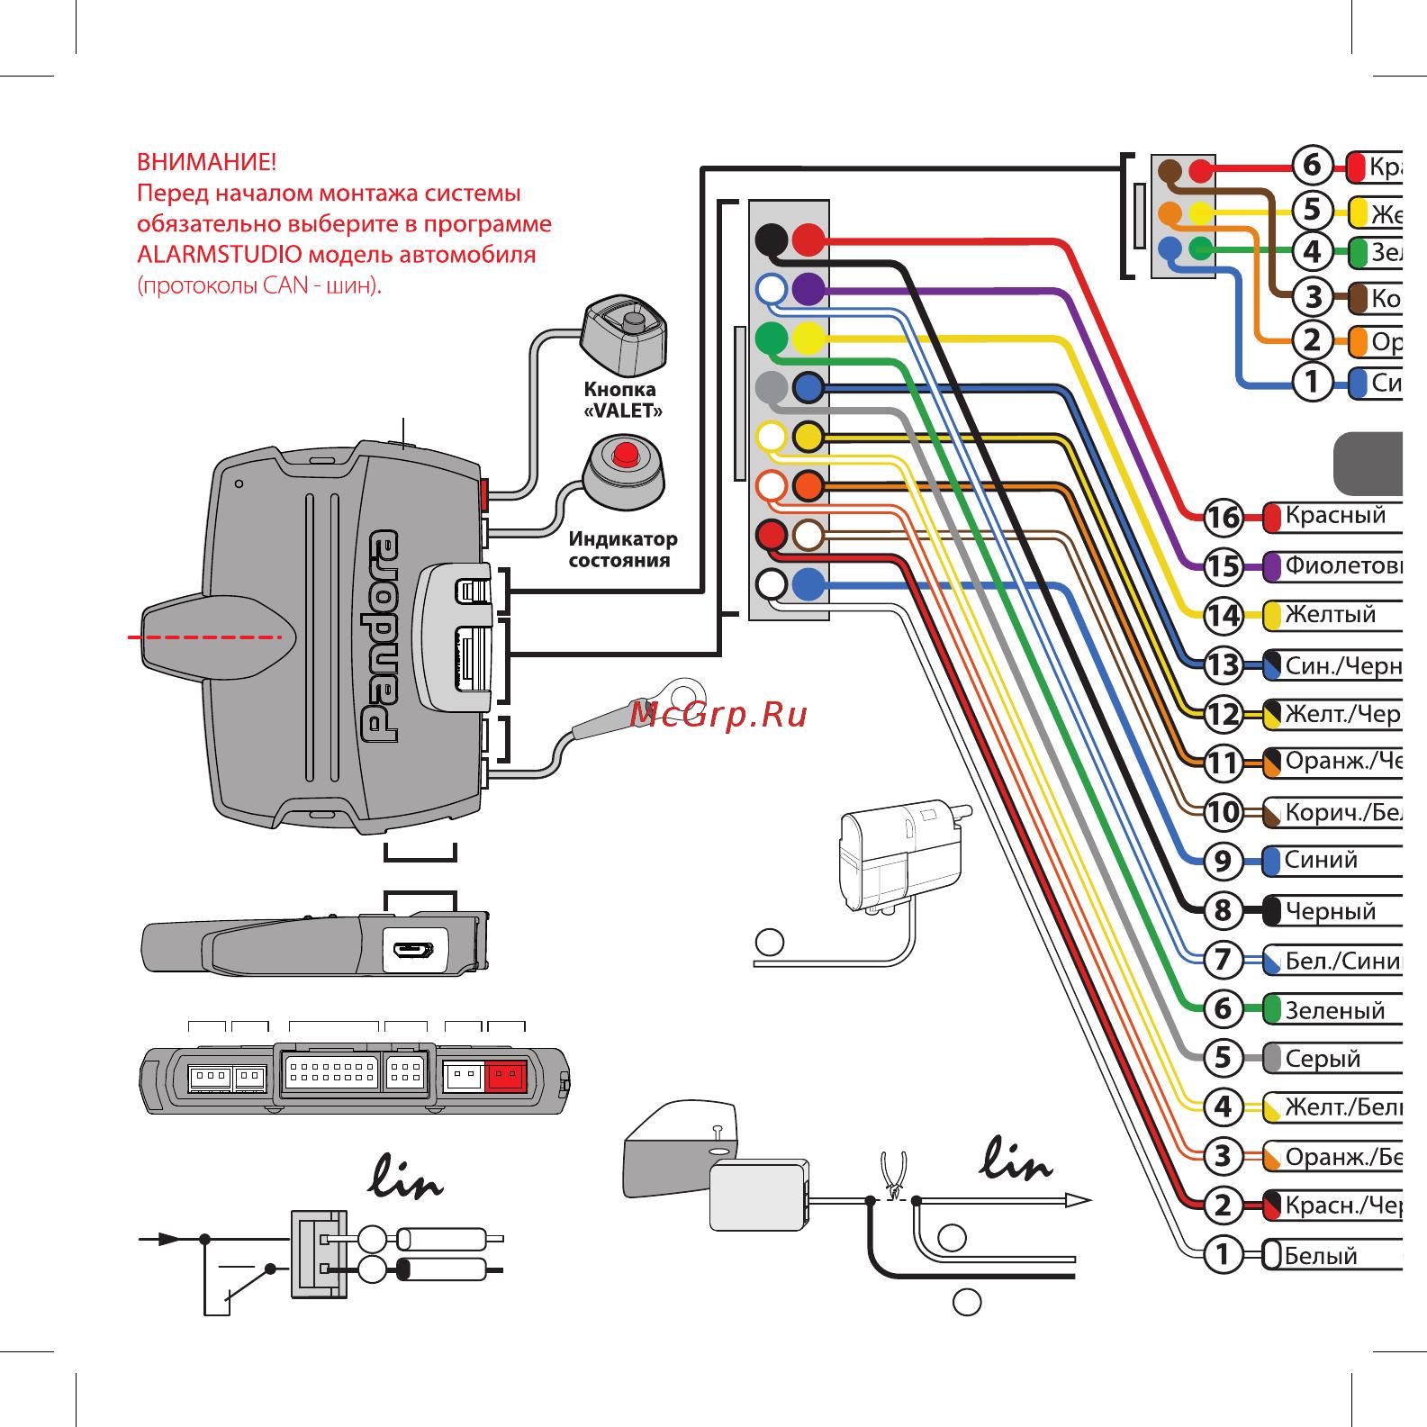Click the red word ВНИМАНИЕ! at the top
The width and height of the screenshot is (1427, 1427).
(x=206, y=163)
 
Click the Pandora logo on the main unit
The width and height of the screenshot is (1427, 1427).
(x=380, y=636)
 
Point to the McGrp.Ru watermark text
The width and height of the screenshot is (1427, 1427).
(x=718, y=715)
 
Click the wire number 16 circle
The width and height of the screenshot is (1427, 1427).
(x=1223, y=518)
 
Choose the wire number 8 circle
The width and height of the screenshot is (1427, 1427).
(x=1223, y=910)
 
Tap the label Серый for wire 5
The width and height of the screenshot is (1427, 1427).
(x=1322, y=1058)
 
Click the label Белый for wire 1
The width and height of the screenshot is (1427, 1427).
(x=1320, y=1255)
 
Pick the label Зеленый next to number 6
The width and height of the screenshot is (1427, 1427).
(x=1334, y=1010)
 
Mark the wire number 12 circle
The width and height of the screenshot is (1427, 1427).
(x=1223, y=715)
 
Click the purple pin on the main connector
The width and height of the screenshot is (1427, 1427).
(x=808, y=289)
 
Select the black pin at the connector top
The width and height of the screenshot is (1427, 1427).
(x=772, y=240)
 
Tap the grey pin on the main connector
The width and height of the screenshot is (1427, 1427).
(x=772, y=388)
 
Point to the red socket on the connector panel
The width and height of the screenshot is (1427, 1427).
(x=505, y=1075)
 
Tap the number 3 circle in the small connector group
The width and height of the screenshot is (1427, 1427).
(x=1313, y=295)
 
